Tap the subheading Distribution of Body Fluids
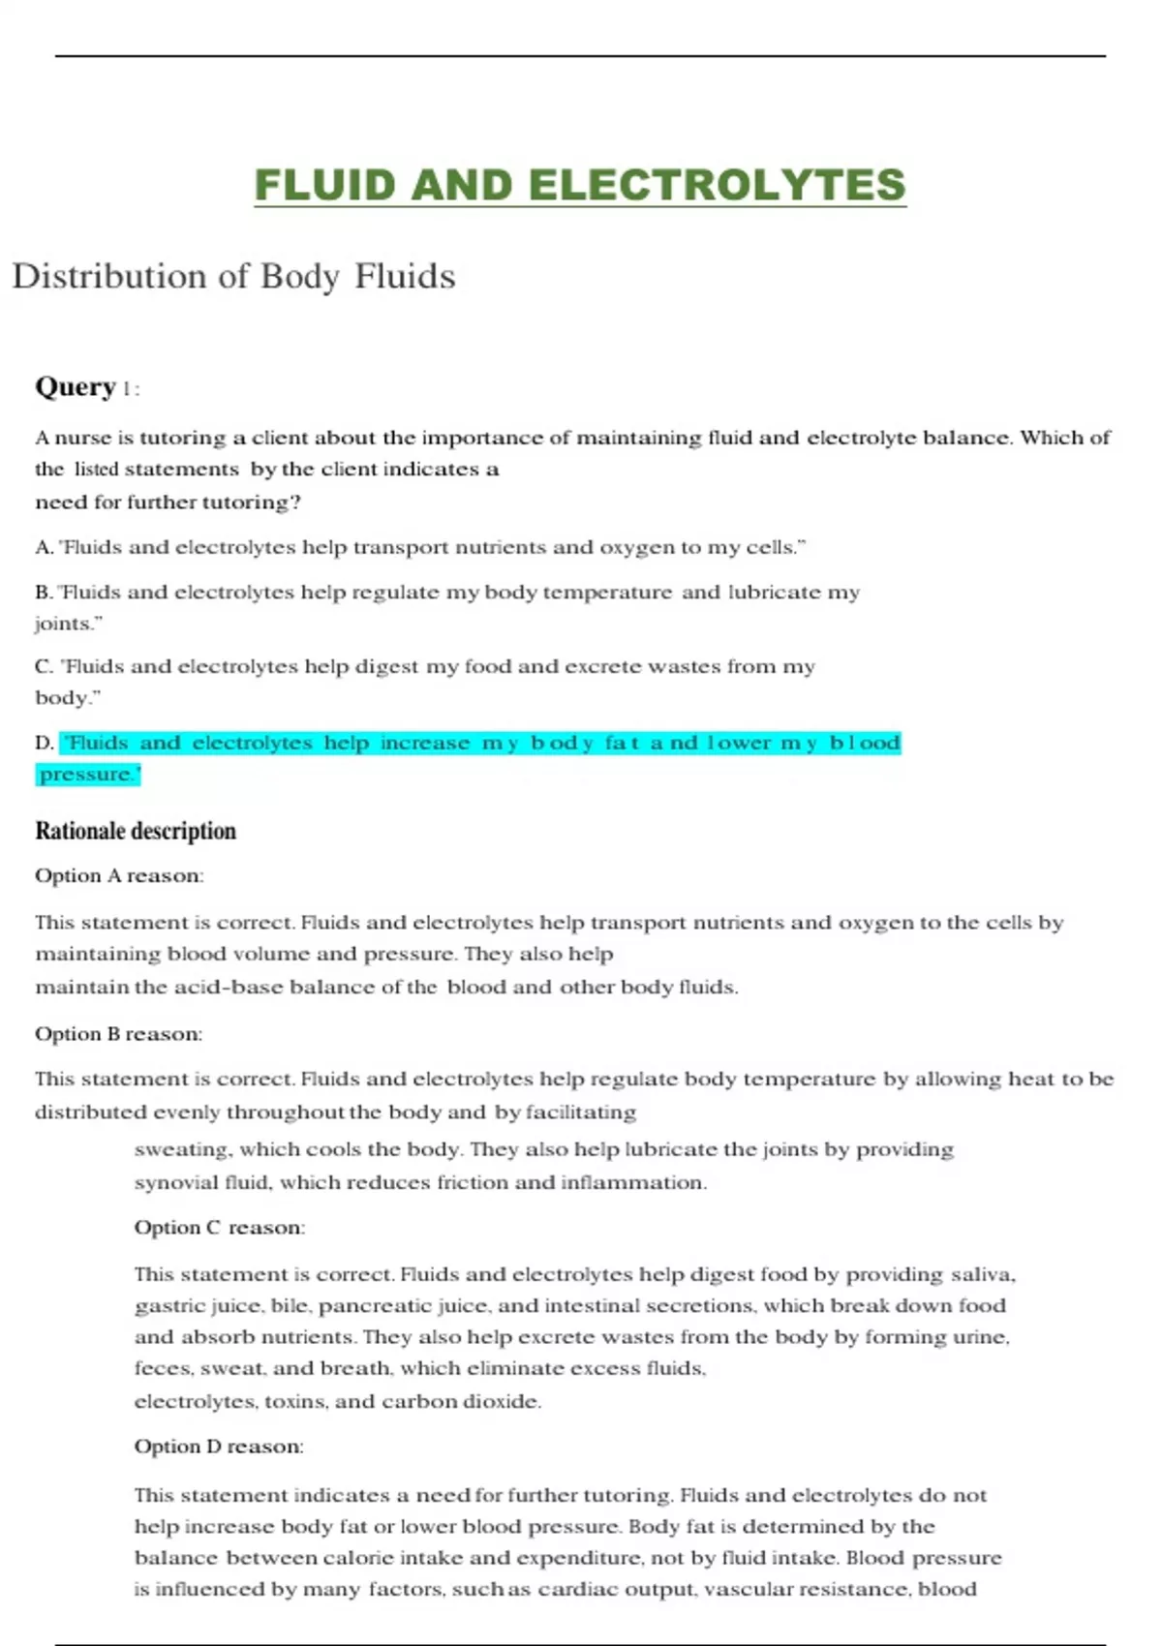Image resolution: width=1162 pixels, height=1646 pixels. (233, 277)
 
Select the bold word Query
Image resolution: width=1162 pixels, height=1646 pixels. (76, 387)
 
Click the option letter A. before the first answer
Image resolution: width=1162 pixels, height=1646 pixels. (45, 548)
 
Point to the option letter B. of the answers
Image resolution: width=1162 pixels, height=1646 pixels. (45, 593)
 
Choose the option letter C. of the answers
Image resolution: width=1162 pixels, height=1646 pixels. (45, 667)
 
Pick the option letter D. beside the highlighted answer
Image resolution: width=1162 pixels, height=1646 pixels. (45, 744)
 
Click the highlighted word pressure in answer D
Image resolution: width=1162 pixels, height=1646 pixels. (86, 775)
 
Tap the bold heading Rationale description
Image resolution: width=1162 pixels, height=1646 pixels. (136, 831)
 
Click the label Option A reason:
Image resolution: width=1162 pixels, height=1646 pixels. (119, 876)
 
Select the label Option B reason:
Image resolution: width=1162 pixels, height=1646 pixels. (119, 1034)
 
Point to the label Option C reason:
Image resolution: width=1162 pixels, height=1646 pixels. (219, 1228)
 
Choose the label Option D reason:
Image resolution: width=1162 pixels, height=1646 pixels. (219, 1447)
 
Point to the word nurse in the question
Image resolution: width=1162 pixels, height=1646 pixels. (82, 439)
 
